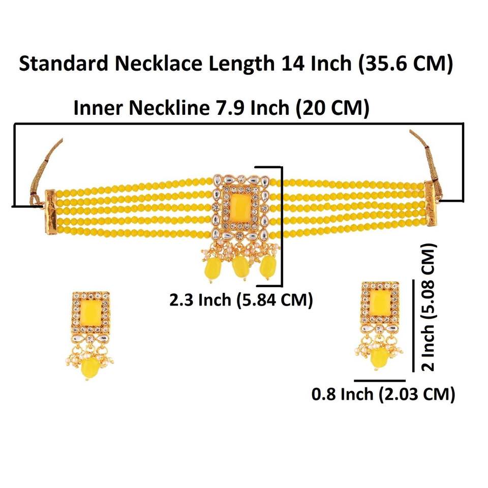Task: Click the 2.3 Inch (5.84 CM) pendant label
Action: pyautogui.click(x=241, y=300)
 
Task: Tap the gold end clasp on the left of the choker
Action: pyautogui.click(x=52, y=205)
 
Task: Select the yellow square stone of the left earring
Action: pyautogui.click(x=91, y=310)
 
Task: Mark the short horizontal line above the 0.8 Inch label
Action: pyautogui.click(x=380, y=380)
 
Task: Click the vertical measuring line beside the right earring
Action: pyautogui.click(x=413, y=325)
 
